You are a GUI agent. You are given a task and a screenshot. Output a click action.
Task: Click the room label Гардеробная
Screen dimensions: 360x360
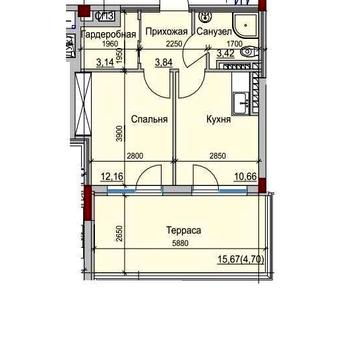coord(109,34)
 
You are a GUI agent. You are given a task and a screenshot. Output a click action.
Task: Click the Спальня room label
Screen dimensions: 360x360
coord(147,118)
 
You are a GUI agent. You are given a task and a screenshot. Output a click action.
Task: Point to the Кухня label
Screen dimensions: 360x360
coord(219,118)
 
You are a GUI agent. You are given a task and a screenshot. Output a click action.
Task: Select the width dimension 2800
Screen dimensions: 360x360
coord(136,155)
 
